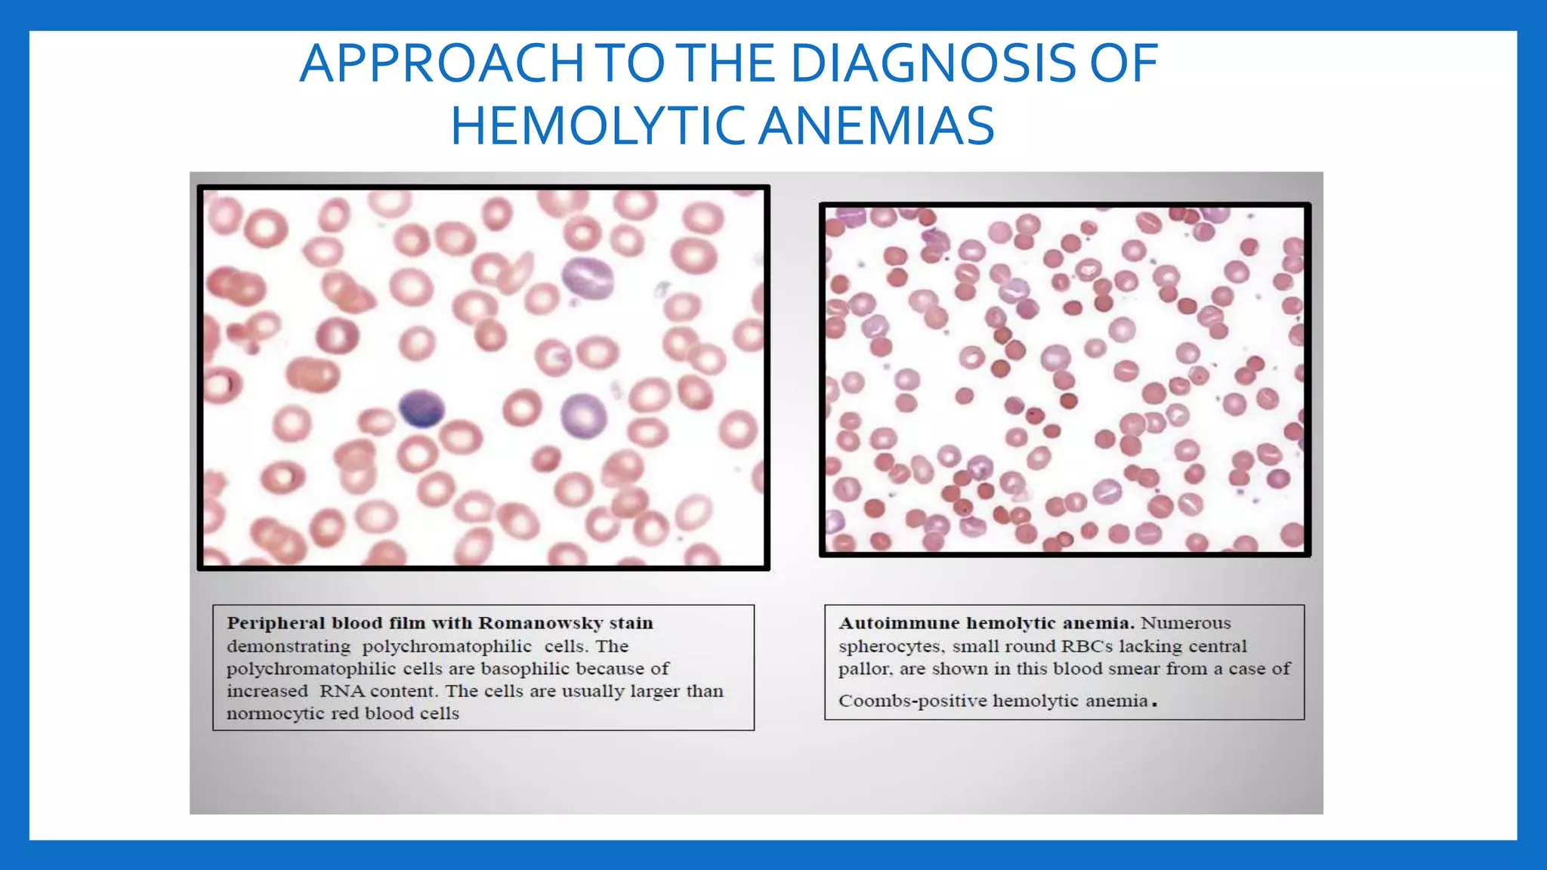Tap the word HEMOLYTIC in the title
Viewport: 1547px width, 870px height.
[x=596, y=126]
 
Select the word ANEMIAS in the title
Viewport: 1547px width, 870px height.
[x=876, y=126]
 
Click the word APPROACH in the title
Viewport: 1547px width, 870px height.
[x=442, y=63]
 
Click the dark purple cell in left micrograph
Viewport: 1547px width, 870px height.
[x=421, y=409]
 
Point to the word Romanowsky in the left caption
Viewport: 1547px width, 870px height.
[x=540, y=623]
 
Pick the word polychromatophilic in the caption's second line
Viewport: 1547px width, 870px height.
[x=446, y=646]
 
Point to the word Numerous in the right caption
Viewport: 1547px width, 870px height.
[x=1185, y=623]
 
